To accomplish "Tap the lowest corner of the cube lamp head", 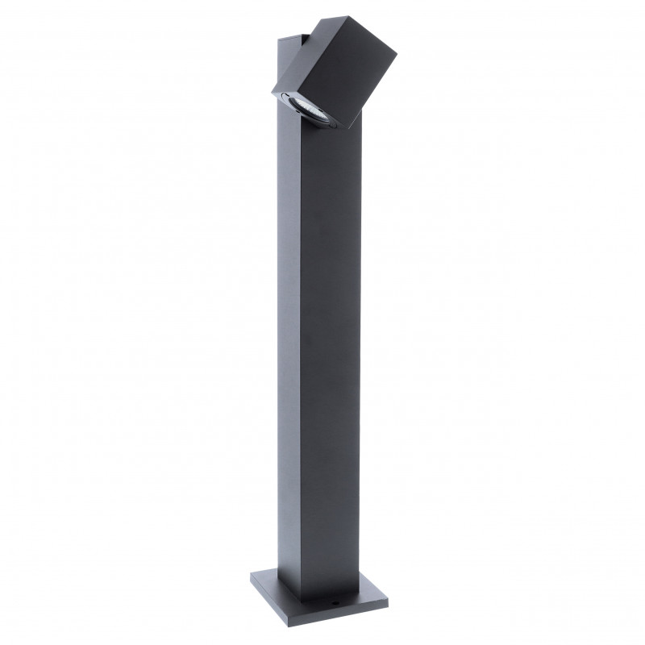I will point(349,129).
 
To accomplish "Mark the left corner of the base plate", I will point(250,577).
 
